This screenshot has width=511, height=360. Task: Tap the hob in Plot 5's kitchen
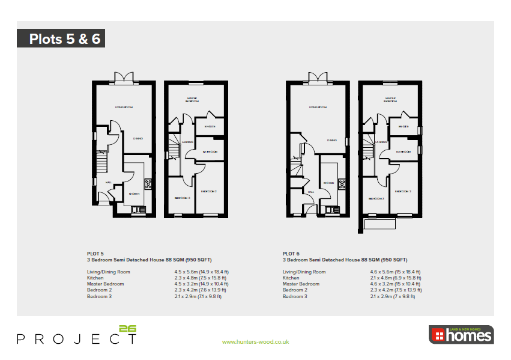pyautogui.click(x=148, y=185)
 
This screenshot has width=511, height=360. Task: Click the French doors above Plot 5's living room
pyautogui.click(x=124, y=77)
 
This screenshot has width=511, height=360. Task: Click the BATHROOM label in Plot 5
pyautogui.click(x=210, y=152)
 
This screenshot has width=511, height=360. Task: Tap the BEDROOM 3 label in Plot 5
pyautogui.click(x=183, y=198)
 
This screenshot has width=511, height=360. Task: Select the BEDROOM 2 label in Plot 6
pyautogui.click(x=403, y=191)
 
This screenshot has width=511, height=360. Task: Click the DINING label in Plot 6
pyautogui.click(x=331, y=141)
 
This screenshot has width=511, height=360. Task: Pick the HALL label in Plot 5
pyautogui.click(x=109, y=182)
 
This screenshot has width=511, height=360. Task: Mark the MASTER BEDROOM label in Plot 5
pyautogui.click(x=192, y=100)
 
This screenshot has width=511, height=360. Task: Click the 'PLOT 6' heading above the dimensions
pyautogui.click(x=291, y=254)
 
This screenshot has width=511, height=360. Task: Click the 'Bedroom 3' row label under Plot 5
pyautogui.click(x=100, y=296)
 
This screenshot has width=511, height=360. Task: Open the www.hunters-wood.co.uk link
pyautogui.click(x=255, y=342)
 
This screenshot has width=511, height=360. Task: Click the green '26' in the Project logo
pyautogui.click(x=128, y=329)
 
